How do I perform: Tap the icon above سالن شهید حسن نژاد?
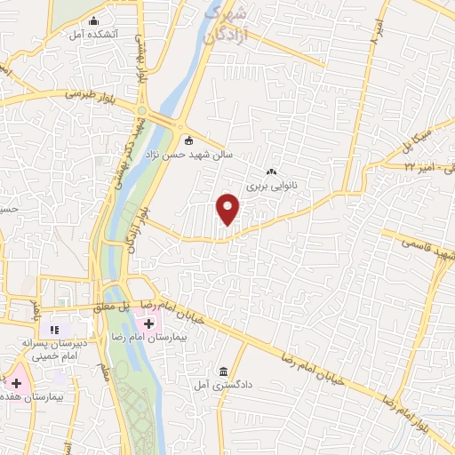[x=188, y=140]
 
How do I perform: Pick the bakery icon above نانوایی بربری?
[x=271, y=172]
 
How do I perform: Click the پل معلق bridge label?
[x=139, y=304]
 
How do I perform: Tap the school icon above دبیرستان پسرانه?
[x=54, y=330]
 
